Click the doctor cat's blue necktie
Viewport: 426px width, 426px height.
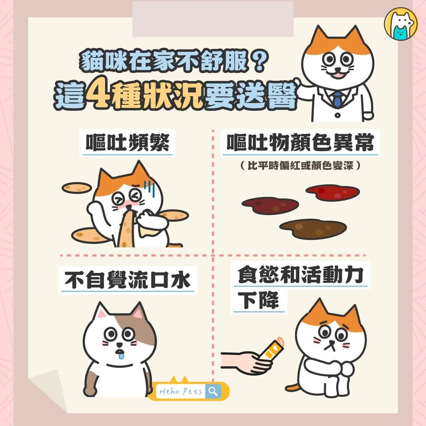pyautogui.click(x=337, y=99)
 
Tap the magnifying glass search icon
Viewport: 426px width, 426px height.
pyautogui.click(x=213, y=391)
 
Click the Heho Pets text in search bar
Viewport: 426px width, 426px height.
pyautogui.click(x=181, y=391)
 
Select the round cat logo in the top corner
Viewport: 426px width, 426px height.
pyautogui.click(x=401, y=24)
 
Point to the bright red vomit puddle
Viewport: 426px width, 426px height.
pyautogui.click(x=332, y=192)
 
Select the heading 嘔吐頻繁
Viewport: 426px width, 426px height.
pyautogui.click(x=128, y=142)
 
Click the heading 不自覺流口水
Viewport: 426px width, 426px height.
pyautogui.click(x=127, y=280)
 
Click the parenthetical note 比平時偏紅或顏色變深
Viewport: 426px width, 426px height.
pyautogui.click(x=300, y=165)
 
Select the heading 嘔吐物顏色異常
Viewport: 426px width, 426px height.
pyautogui.click(x=300, y=142)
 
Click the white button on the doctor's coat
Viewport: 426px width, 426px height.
pyautogui.click(x=337, y=115)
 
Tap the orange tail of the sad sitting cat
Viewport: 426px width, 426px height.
pyautogui.click(x=292, y=387)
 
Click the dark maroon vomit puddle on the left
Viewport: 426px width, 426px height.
pyautogui.click(x=270, y=206)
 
